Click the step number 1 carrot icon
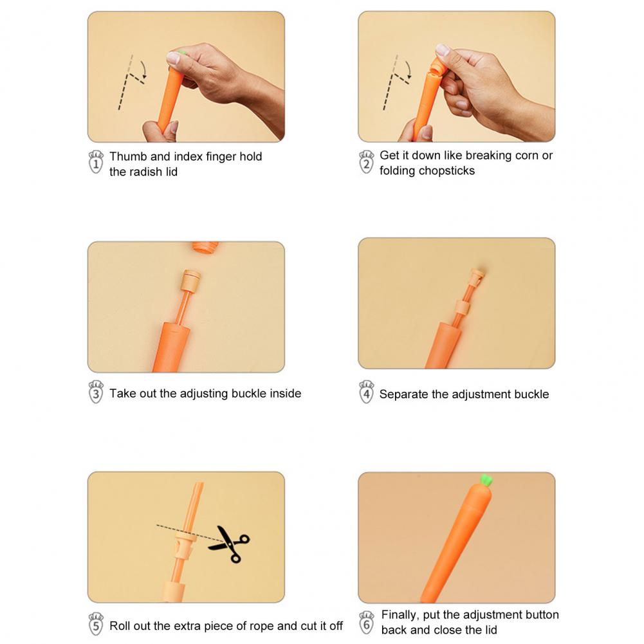(96, 162)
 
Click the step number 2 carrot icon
(366, 162)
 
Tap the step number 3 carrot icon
(96, 392)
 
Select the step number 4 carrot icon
(366, 392)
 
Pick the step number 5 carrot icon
(96, 624)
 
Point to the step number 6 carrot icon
(366, 623)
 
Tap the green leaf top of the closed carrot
(486, 480)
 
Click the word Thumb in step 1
(128, 156)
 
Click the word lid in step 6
(490, 630)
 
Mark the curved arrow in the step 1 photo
(143, 68)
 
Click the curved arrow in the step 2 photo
(408, 69)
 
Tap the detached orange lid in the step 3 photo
(205, 247)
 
